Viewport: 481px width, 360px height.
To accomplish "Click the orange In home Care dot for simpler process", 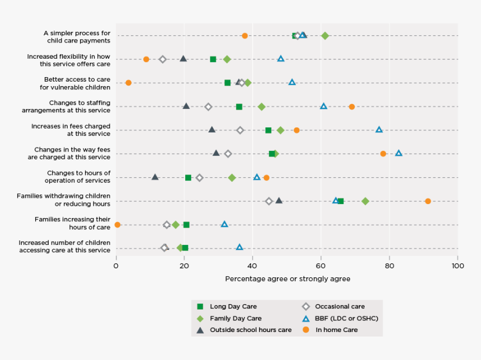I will click(x=244, y=36).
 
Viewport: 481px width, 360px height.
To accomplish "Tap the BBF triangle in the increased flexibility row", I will click(x=281, y=59).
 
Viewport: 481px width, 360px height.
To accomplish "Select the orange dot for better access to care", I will click(x=128, y=83).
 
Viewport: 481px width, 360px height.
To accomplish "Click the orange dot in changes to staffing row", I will click(x=352, y=106).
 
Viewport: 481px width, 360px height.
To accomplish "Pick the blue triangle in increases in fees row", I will click(x=379, y=130).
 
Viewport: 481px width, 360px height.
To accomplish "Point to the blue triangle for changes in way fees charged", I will click(x=399, y=153).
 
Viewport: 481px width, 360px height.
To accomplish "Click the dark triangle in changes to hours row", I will click(x=155, y=177).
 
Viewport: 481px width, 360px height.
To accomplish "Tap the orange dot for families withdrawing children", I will click(x=428, y=201).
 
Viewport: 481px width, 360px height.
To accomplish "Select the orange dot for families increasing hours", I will click(x=117, y=225).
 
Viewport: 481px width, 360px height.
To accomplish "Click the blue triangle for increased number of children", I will click(x=239, y=247).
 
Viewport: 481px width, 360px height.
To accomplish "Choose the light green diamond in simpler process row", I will click(x=325, y=36).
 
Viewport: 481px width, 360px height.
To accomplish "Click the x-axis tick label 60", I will click(x=321, y=266).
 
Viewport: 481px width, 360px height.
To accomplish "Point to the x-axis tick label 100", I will click(x=457, y=266).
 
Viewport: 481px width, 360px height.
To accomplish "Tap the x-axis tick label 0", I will click(x=116, y=266).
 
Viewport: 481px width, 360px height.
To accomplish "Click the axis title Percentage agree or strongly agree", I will click(x=287, y=278).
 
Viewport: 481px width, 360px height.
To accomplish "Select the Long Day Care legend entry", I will click(x=233, y=306).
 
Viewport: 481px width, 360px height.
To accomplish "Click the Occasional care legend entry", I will click(x=339, y=306).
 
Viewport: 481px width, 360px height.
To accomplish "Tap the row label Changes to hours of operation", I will click(x=78, y=177).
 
